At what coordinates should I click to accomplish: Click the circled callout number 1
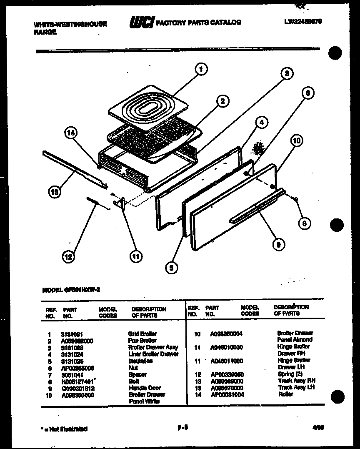(x=201, y=69)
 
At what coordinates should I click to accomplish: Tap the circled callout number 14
(x=71, y=133)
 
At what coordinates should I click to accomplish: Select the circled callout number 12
(x=68, y=257)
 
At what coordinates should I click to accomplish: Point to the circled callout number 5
(x=170, y=267)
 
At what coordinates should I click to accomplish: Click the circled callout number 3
(x=286, y=74)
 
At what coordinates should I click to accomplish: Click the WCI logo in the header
(x=142, y=22)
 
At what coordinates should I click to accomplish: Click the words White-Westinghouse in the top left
(x=70, y=24)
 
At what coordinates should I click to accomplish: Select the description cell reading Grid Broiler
(x=142, y=334)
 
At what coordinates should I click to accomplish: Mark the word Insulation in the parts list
(x=140, y=361)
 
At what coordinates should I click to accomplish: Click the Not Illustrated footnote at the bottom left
(x=65, y=429)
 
